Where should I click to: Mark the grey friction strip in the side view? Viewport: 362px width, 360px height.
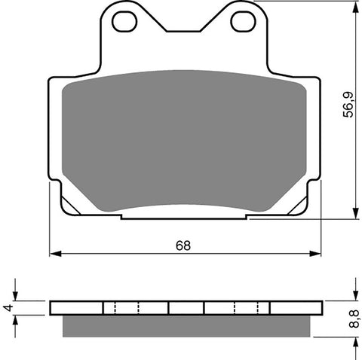click(x=186, y=325)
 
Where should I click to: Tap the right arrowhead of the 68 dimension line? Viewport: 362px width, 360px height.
click(x=315, y=254)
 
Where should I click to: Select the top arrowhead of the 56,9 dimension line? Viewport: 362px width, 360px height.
click(x=354, y=7)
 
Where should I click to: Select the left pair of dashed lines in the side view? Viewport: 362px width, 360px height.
click(x=126, y=308)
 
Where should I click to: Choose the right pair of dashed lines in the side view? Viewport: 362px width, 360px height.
click(x=247, y=308)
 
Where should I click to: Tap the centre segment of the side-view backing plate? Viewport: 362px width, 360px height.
click(x=186, y=308)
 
